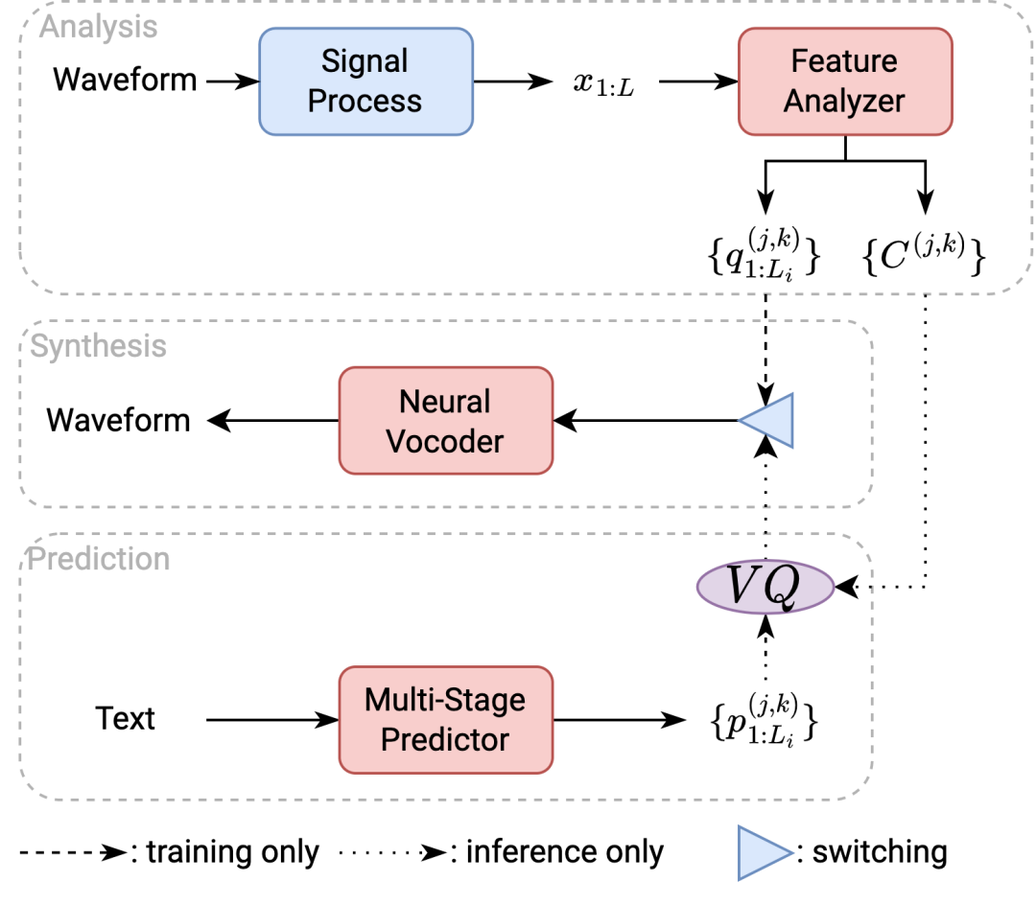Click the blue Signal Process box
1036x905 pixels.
point(365,81)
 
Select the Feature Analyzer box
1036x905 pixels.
point(844,81)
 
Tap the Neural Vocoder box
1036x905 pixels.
point(445,421)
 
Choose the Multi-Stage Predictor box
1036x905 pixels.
point(445,720)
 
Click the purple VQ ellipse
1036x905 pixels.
point(765,587)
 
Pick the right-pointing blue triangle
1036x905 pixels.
point(763,852)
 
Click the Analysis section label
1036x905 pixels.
point(98,27)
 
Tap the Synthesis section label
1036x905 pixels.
point(98,346)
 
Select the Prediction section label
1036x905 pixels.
point(99,559)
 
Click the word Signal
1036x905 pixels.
point(365,61)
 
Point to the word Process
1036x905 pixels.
point(365,102)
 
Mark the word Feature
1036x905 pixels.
point(844,61)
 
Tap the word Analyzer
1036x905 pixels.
point(844,102)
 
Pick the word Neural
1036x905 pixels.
point(445,401)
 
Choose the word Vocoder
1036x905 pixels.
point(445,441)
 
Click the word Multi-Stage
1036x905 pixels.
point(445,700)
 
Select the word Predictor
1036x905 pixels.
point(445,740)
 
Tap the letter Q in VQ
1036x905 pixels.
point(782,588)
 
